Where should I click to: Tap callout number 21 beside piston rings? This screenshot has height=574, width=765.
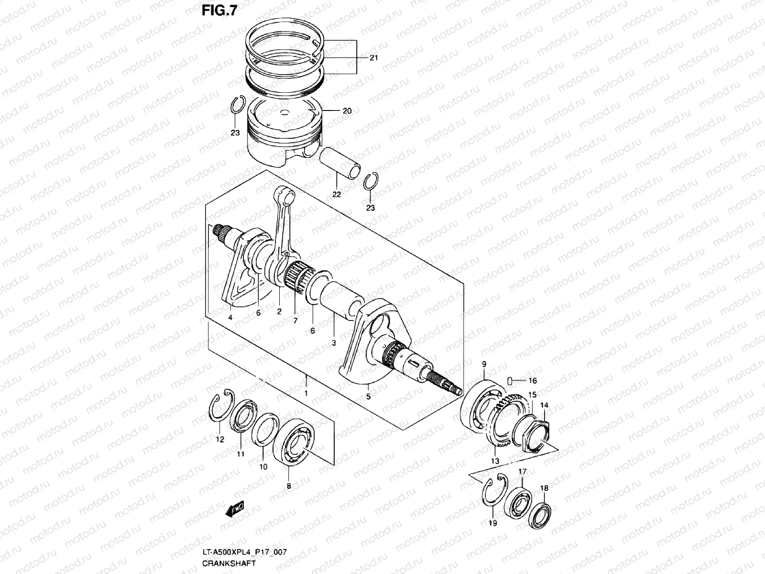coord(373,58)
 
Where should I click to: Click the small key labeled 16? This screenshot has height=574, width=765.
coord(510,380)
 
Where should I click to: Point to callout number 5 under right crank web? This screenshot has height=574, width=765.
coord(368,397)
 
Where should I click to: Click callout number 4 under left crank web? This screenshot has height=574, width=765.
coord(230,317)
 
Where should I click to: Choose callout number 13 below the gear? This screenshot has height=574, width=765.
coord(495,461)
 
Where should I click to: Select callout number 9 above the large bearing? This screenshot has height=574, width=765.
coord(483,364)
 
